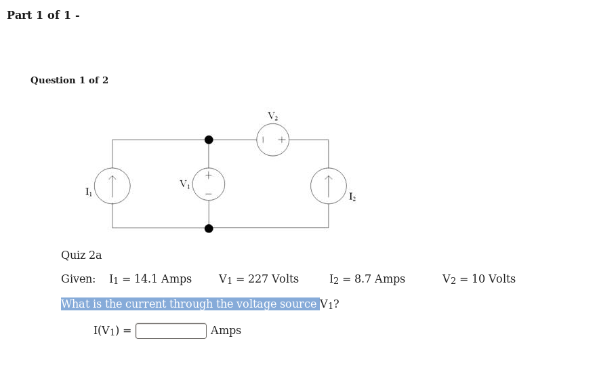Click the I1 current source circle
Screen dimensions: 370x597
click(112, 186)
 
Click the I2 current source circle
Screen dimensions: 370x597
click(329, 186)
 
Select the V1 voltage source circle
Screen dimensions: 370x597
click(209, 184)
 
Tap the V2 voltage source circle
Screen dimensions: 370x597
click(273, 140)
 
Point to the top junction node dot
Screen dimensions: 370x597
click(209, 140)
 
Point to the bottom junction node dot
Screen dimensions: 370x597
click(209, 228)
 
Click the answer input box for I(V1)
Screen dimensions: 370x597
click(171, 331)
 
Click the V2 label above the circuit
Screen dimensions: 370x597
click(272, 117)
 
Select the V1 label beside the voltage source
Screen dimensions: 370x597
click(184, 184)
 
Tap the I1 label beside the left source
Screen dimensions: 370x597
click(89, 192)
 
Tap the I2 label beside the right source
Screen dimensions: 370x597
click(352, 197)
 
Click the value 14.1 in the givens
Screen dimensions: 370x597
click(146, 279)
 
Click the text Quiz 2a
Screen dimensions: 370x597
click(81, 255)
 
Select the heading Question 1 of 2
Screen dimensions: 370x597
click(69, 81)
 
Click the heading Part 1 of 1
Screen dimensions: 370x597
click(43, 16)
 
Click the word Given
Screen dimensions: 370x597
click(77, 279)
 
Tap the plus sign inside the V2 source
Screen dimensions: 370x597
click(282, 140)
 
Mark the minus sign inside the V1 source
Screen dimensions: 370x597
click(209, 194)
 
